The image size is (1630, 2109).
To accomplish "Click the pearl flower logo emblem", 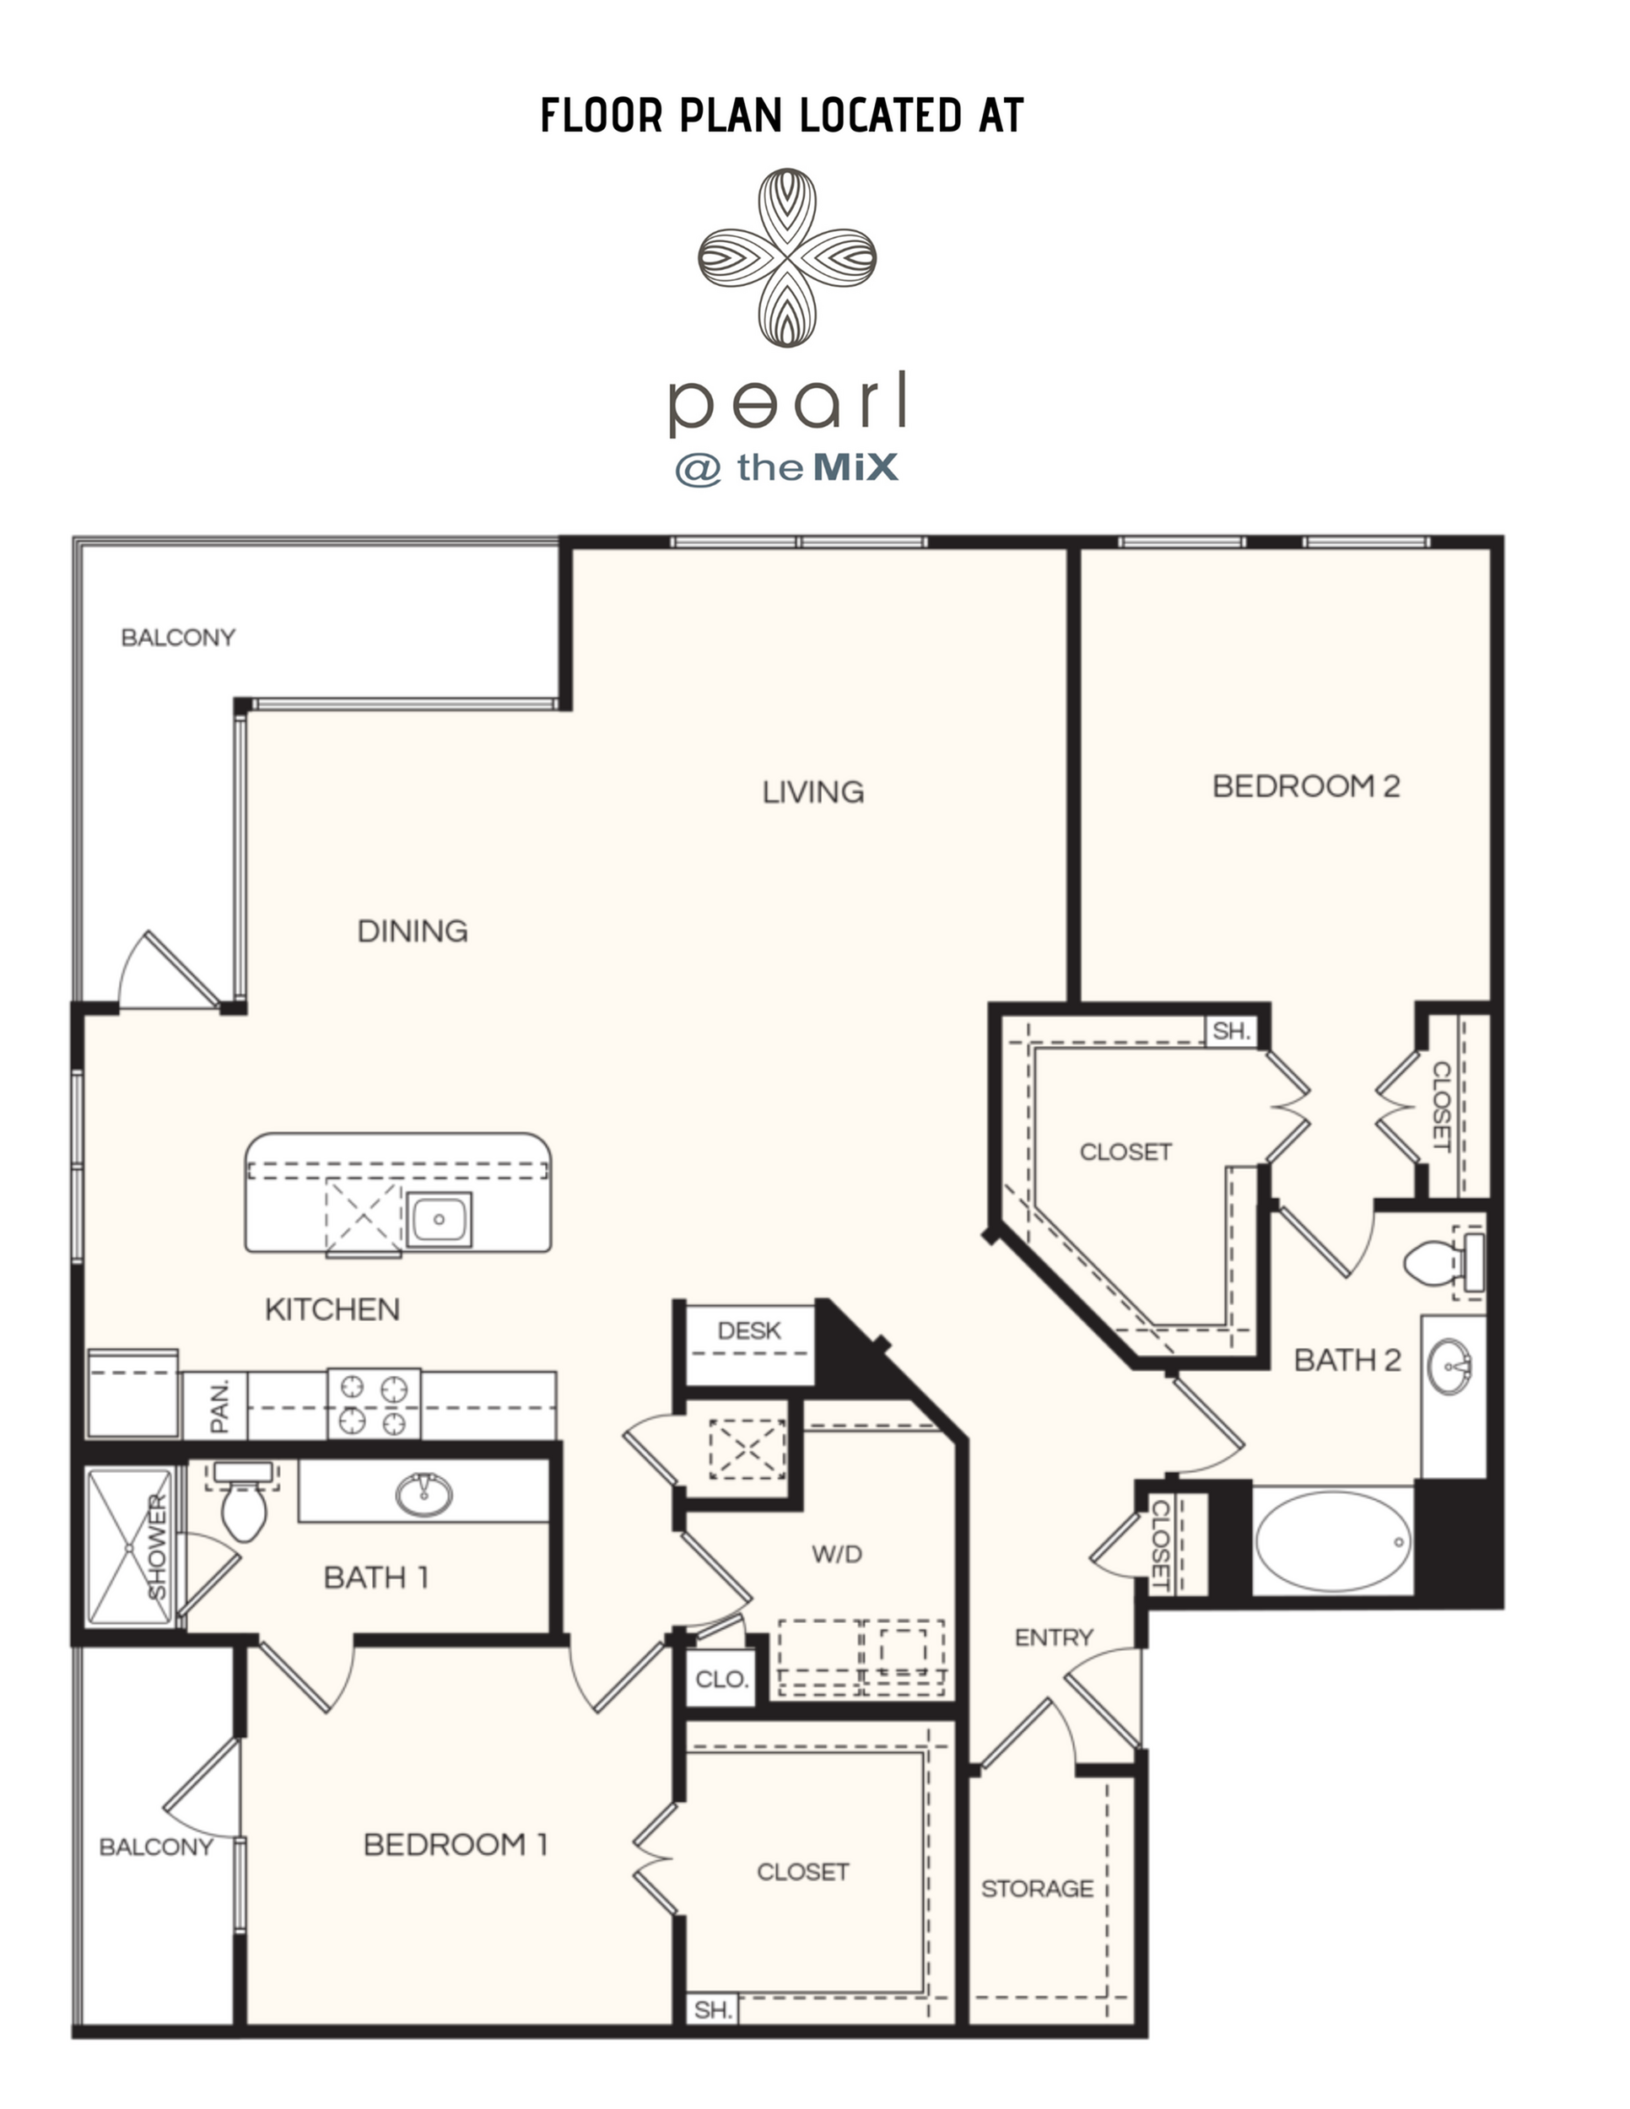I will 787,256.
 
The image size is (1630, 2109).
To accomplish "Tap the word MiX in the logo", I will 855,467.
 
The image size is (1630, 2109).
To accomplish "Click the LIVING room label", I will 812,792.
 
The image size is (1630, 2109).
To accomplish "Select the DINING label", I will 413,930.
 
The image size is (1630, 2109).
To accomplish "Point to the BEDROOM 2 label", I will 1305,786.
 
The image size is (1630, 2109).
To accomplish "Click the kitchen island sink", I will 440,1219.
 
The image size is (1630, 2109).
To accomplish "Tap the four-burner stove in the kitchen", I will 373,1403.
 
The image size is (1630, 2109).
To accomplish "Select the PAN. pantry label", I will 219,1406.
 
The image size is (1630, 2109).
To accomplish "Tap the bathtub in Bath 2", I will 1331,1541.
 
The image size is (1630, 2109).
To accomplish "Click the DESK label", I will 748,1330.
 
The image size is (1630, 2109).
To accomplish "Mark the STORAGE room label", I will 1037,1888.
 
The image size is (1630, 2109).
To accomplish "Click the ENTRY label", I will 1054,1637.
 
